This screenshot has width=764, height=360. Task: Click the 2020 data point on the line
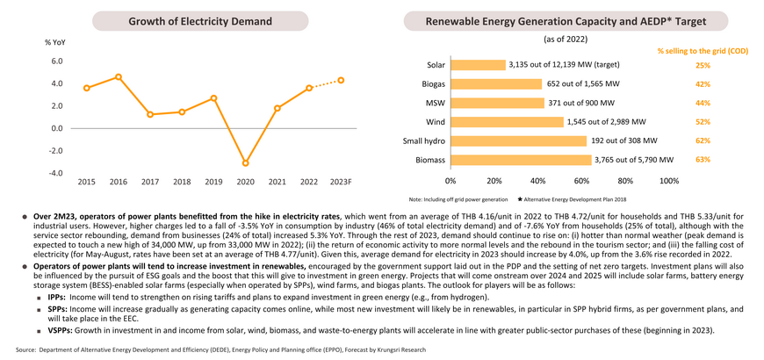(246, 163)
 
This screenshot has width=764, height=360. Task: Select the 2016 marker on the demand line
(119, 77)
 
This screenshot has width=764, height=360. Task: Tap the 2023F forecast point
(341, 80)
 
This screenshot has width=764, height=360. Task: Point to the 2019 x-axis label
(214, 182)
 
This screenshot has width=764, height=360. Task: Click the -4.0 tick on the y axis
(56, 174)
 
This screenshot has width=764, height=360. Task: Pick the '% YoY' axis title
(55, 42)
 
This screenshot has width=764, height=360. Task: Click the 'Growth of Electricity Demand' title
(200, 21)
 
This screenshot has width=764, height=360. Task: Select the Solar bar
(479, 65)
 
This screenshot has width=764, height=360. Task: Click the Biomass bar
(521, 160)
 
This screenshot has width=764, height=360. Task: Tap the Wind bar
(508, 122)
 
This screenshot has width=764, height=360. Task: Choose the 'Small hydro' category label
(424, 140)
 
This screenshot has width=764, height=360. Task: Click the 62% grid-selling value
(703, 140)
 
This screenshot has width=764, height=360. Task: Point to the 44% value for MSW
(703, 103)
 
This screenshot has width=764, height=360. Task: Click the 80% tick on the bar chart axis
(625, 182)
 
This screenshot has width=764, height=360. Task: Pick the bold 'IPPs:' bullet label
(57, 297)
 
